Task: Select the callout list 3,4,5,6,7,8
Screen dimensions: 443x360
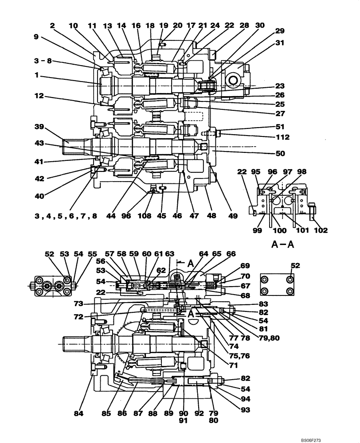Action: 67,216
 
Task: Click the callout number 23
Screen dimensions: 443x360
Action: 280,86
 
